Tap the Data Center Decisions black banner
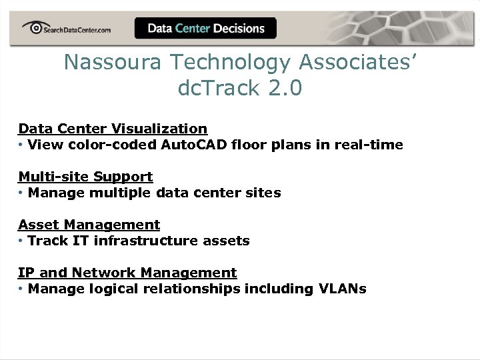click(205, 28)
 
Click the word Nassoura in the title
click(113, 62)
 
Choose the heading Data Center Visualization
click(113, 128)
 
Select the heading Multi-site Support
click(85, 177)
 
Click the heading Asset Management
click(89, 225)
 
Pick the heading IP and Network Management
click(127, 273)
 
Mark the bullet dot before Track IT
click(21, 241)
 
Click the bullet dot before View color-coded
click(21, 145)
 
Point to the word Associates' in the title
click(359, 62)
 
